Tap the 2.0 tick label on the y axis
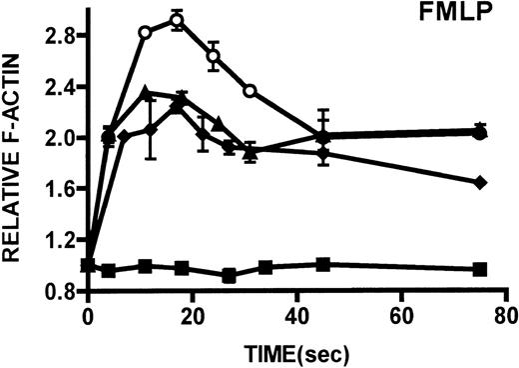[x=61, y=137]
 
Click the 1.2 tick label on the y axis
[x=61, y=240]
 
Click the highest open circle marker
[x=177, y=20]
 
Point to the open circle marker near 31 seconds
[x=251, y=91]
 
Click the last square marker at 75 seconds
[x=480, y=269]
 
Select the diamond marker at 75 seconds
[x=480, y=182]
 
